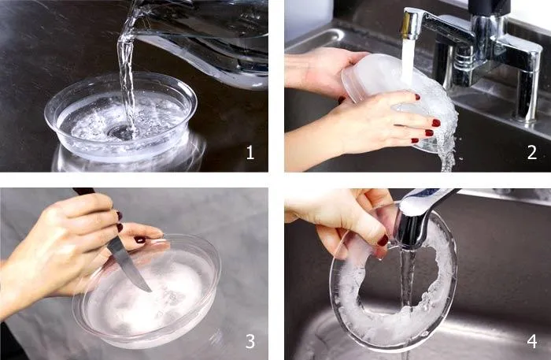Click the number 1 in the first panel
[x=250, y=153]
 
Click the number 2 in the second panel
[x=532, y=153]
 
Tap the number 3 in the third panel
[x=250, y=341]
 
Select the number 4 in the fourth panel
[x=532, y=341]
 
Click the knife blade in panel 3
[x=129, y=265]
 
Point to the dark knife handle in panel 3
[x=83, y=191]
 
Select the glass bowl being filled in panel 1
[x=120, y=116]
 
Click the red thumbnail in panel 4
[x=383, y=240]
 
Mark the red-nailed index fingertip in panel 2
[x=436, y=123]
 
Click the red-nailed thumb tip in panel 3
[x=140, y=239]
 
